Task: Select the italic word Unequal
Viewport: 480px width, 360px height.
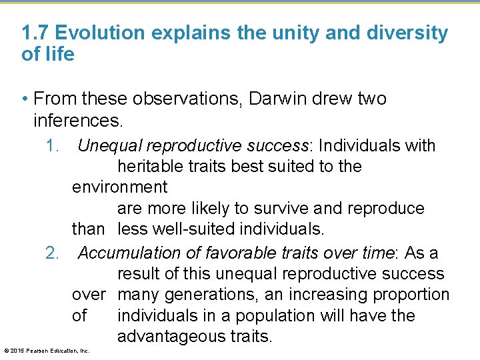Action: (x=110, y=145)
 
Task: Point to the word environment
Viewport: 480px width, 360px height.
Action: (x=120, y=187)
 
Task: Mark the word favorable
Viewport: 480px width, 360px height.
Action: (x=247, y=253)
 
